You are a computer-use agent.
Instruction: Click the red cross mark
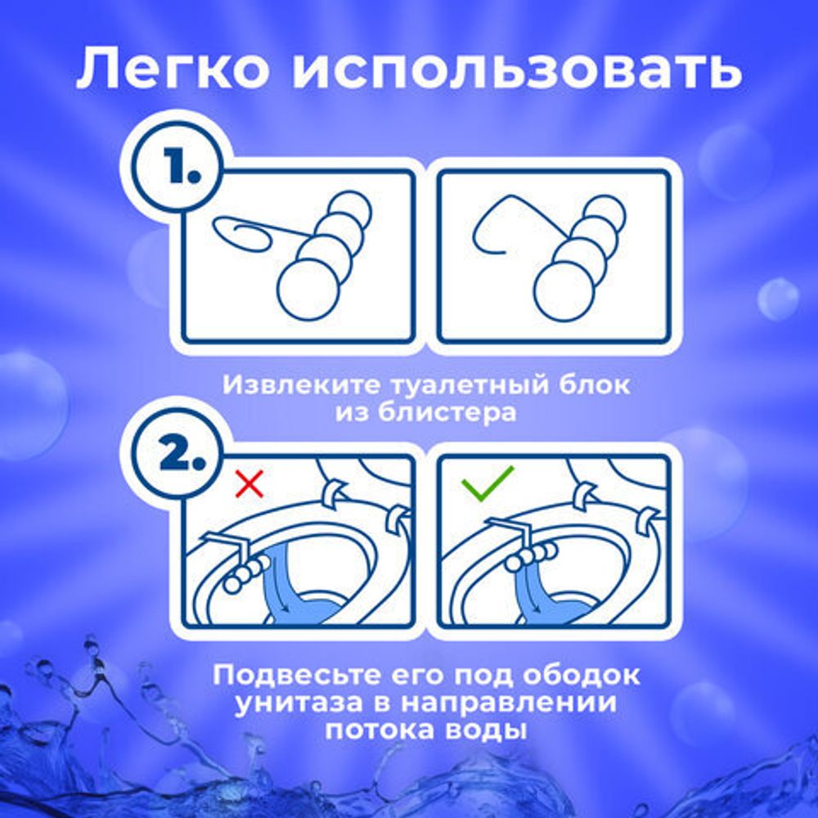click(249, 483)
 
